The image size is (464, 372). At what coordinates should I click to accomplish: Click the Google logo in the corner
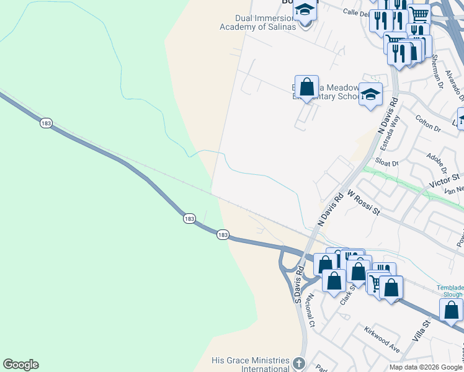click(20, 365)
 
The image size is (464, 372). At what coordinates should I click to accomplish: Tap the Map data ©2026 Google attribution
click(426, 367)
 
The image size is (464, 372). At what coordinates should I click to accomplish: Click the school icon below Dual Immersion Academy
click(305, 11)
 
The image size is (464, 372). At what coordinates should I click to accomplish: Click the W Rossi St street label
click(364, 203)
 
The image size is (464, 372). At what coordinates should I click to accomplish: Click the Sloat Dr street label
click(386, 164)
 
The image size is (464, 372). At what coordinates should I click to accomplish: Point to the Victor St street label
click(447, 184)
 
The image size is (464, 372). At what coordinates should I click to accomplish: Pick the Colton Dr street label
click(427, 125)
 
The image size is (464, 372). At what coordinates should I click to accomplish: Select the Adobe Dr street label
click(437, 162)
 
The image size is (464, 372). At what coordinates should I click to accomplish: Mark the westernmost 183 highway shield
click(46, 123)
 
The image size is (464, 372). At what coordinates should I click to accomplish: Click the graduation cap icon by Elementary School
click(371, 95)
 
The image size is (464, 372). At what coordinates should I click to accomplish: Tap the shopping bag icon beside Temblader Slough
click(451, 310)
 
